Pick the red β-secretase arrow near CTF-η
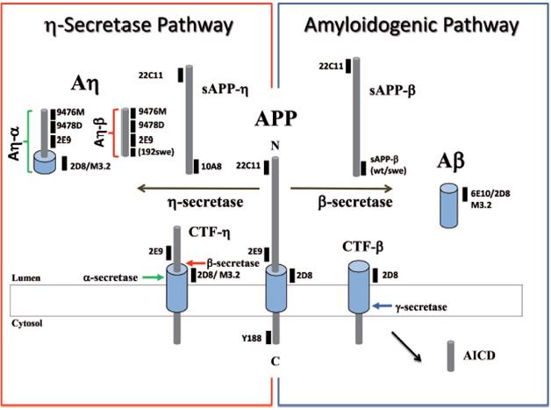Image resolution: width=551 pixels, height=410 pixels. [x=197, y=263]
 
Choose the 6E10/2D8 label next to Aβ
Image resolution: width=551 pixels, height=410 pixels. [x=495, y=191]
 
